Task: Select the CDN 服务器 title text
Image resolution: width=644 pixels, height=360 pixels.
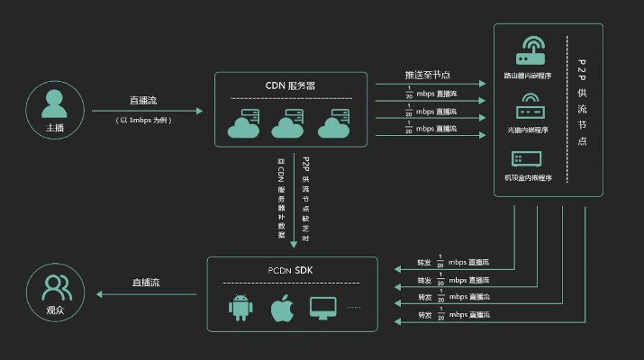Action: (290, 85)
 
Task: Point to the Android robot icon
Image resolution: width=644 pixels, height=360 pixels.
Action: (240, 308)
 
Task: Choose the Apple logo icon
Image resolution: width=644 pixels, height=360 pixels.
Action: (284, 308)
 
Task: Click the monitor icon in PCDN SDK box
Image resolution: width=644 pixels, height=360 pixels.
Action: (323, 308)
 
